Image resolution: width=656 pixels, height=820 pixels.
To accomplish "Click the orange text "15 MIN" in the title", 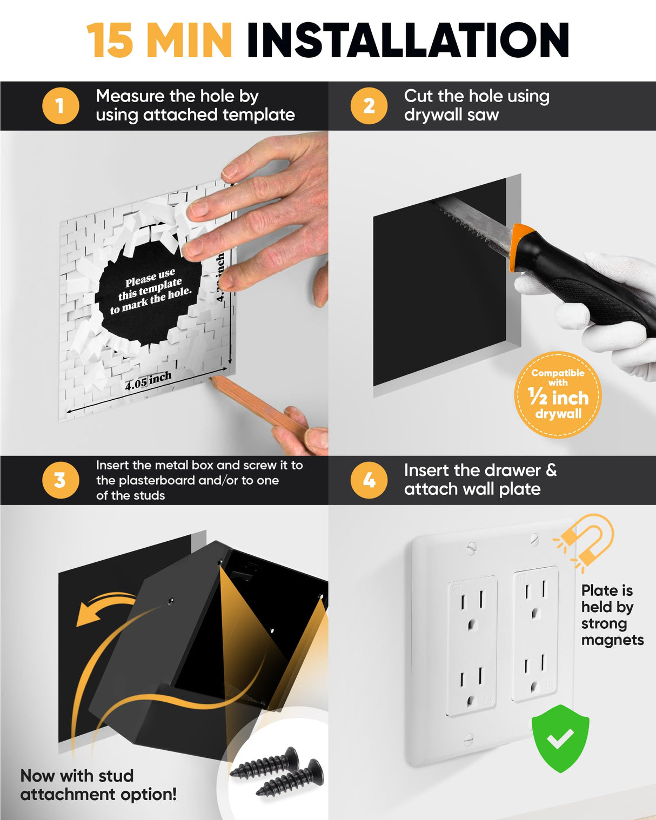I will [159, 41].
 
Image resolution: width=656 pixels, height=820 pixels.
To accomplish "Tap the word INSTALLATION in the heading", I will [407, 41].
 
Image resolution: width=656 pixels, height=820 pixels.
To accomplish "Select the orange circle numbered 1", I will [61, 105].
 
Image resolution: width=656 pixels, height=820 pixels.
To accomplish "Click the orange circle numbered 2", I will [369, 105].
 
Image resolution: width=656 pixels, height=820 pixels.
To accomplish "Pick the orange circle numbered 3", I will [61, 480].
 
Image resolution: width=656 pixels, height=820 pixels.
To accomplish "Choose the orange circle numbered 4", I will [369, 480].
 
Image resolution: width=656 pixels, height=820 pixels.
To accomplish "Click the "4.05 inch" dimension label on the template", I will [148, 381].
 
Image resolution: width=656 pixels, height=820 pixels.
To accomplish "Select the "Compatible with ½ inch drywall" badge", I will [558, 394].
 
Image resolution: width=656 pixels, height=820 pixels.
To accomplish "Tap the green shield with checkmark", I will [560, 738].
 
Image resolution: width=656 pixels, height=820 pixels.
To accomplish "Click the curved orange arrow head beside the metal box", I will [89, 613].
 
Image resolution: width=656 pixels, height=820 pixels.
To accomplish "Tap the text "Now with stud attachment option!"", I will [98, 785].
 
